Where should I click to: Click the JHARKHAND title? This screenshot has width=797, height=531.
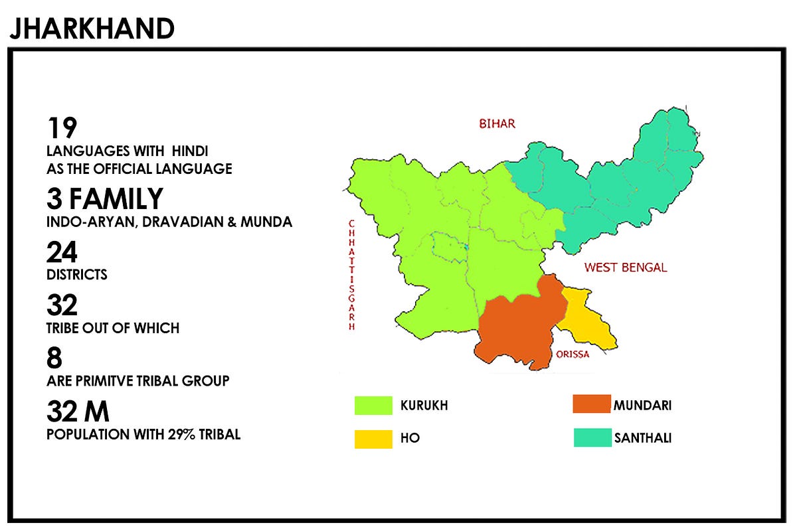(92, 29)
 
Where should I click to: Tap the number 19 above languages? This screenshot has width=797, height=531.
(62, 128)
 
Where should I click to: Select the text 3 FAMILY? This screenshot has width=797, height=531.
(105, 199)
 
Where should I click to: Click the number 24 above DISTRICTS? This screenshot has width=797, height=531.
(62, 253)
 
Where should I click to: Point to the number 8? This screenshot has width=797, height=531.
(54, 359)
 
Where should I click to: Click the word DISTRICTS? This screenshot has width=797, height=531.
(77, 275)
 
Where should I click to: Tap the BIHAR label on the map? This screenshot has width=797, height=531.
(497, 123)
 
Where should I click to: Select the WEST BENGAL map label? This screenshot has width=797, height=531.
(625, 267)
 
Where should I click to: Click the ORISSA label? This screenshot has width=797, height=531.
(573, 354)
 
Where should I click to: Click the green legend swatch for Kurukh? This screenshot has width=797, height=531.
(373, 405)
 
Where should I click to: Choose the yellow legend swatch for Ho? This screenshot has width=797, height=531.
(373, 439)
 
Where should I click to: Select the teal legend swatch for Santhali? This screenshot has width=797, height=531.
(592, 437)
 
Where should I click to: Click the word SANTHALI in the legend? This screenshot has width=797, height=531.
(642, 438)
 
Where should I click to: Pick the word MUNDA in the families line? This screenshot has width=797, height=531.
(266, 222)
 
